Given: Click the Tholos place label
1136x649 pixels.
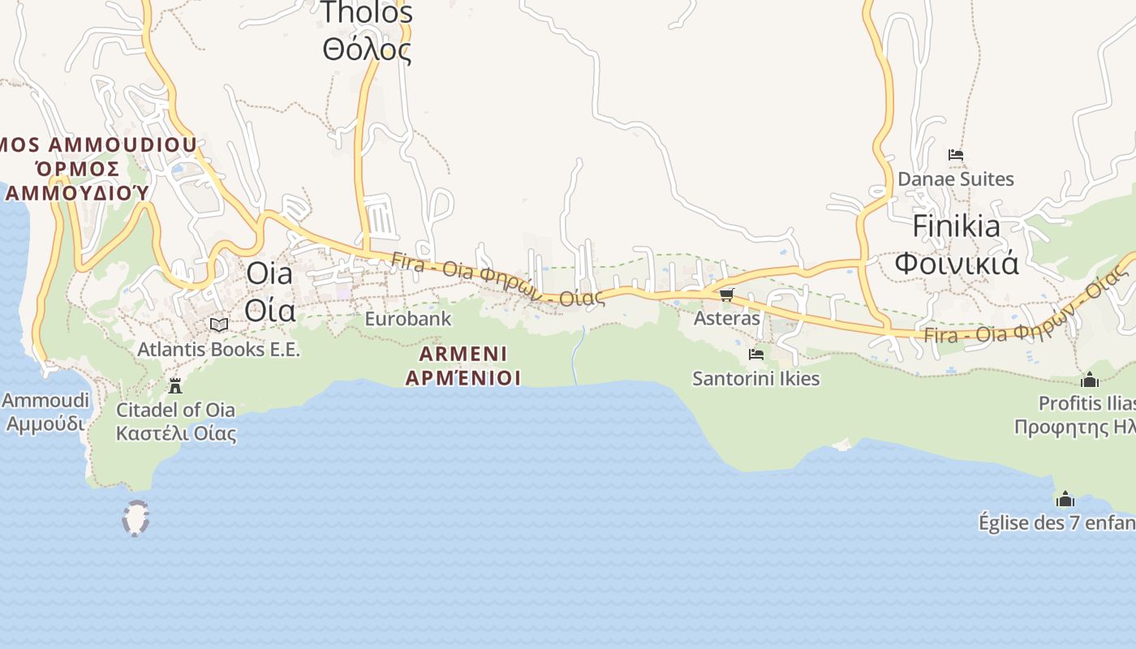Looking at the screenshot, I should click(x=367, y=12).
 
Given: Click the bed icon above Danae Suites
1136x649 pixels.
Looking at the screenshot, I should click(x=956, y=155).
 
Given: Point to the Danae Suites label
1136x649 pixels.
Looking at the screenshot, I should click(x=956, y=178).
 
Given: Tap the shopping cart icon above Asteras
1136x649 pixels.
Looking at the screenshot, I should click(x=726, y=295).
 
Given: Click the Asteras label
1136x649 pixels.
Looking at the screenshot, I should click(x=726, y=318).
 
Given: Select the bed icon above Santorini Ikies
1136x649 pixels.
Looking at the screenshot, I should click(x=755, y=355).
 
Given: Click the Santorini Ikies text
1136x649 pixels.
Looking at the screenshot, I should click(x=755, y=378).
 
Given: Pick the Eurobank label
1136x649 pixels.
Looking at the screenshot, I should click(x=407, y=319).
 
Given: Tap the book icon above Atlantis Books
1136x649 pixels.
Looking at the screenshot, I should click(x=218, y=324).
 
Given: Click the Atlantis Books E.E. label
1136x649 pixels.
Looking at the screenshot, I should click(x=218, y=350).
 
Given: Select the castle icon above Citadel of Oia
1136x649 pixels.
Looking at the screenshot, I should click(x=175, y=385).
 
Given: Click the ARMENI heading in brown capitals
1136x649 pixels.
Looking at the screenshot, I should click(x=463, y=354).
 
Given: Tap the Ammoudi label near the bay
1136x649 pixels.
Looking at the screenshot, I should click(x=45, y=400).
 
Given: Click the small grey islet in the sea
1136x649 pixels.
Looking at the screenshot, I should click(x=136, y=518).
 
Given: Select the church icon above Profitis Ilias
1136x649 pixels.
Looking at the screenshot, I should click(x=1089, y=380).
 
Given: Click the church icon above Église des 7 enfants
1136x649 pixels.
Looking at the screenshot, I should click(x=1065, y=499).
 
